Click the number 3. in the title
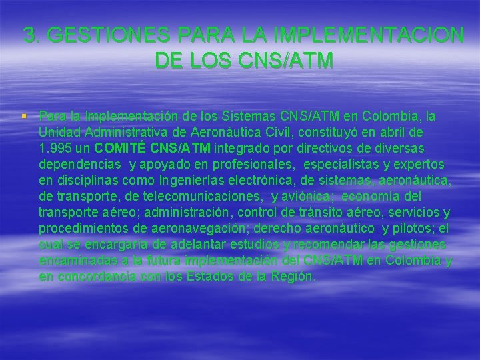click(x=31, y=35)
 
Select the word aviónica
click(x=302, y=197)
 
